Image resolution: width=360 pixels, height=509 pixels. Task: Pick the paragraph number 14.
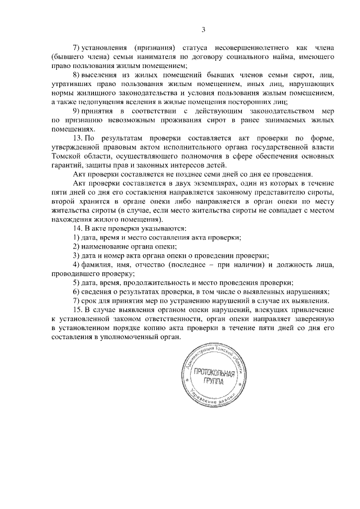pos(79,228)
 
